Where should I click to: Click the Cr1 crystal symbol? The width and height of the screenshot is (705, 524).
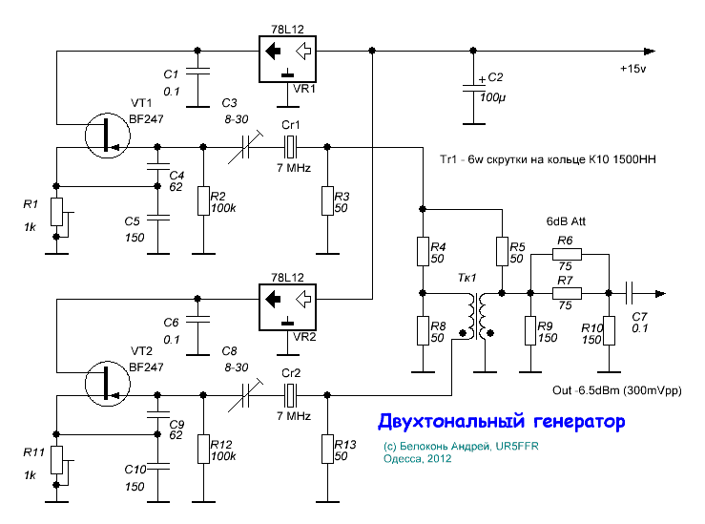(x=292, y=147)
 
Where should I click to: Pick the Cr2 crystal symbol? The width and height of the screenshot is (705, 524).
(x=292, y=391)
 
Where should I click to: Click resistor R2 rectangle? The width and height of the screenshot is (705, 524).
(x=203, y=200)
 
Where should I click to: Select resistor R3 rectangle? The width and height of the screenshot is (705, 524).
(x=327, y=200)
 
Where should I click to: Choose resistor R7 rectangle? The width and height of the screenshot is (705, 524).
(x=566, y=294)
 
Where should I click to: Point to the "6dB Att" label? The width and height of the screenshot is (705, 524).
(x=566, y=220)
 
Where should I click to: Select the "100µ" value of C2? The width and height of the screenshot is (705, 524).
(x=492, y=97)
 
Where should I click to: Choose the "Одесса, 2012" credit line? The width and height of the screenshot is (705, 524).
(x=417, y=459)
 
